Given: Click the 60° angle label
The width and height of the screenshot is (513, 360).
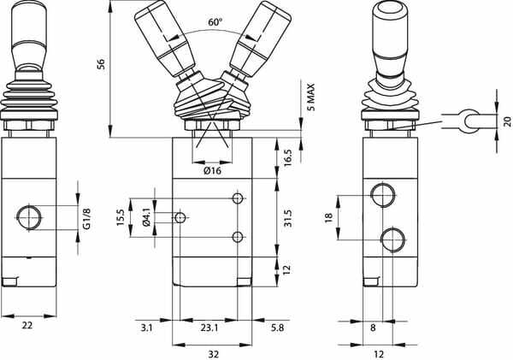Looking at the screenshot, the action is [215, 22].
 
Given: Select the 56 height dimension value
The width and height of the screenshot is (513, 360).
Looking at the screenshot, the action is [102, 64].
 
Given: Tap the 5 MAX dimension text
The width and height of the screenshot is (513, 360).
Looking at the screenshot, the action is [311, 97].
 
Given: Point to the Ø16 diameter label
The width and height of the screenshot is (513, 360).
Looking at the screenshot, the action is [212, 170].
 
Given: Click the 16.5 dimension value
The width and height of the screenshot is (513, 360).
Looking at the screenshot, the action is [288, 158].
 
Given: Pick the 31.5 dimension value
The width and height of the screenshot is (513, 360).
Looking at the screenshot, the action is [288, 218].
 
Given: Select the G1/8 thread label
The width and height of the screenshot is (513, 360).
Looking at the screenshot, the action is [86, 218].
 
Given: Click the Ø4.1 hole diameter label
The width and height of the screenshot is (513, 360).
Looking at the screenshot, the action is [146, 217].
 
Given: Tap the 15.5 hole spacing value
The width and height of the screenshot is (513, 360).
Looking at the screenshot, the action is [121, 217].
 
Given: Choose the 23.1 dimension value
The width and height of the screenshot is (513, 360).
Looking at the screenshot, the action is [209, 328].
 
